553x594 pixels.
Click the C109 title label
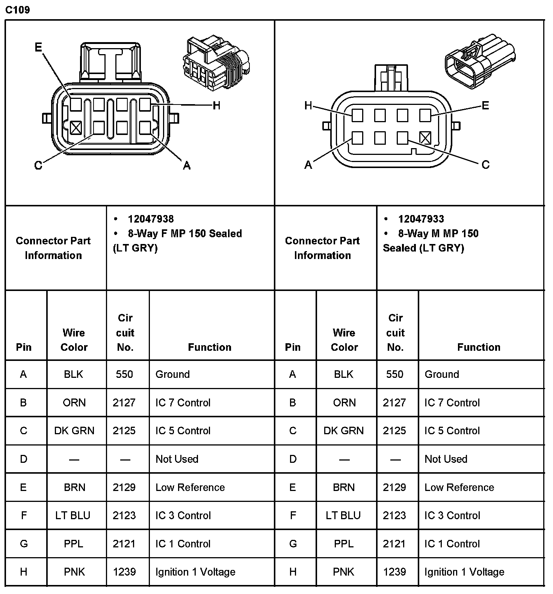(18, 10)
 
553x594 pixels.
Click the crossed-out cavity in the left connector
(76, 128)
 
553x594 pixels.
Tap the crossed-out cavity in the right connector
(425, 138)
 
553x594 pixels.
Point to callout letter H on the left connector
(216, 106)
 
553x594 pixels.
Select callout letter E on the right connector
(485, 106)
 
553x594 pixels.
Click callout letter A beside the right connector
(308, 165)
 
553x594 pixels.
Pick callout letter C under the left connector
(38, 165)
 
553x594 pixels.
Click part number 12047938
(151, 219)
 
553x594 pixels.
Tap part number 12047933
(421, 219)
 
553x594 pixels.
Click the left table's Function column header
(210, 347)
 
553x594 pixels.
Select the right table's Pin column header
(293, 347)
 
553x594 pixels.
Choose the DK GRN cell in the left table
(74, 430)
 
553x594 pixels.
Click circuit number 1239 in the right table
(394, 572)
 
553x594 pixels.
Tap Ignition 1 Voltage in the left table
(195, 572)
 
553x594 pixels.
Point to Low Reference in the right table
(459, 487)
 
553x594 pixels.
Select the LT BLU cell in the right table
(343, 515)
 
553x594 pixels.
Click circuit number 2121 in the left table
(124, 544)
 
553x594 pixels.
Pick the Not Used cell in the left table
(177, 459)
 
